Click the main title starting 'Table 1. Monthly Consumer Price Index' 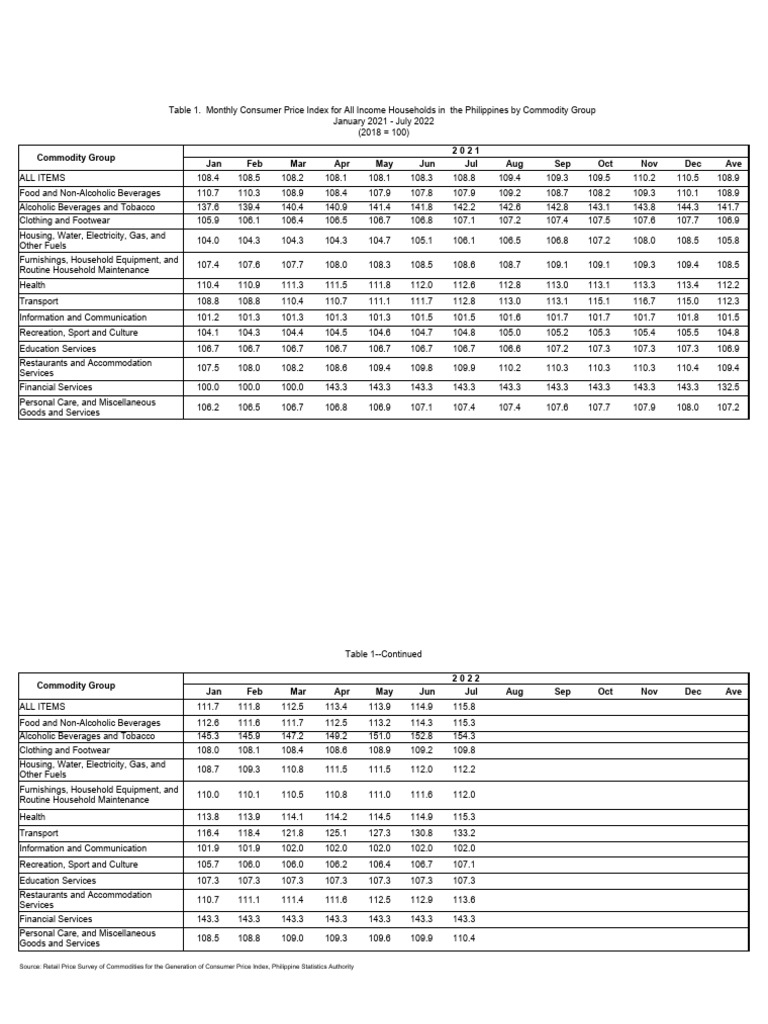(385, 110)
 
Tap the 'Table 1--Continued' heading (383, 654)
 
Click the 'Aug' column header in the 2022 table (515, 691)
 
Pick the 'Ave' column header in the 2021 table (733, 162)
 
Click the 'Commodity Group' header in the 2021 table (76, 158)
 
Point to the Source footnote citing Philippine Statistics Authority (186, 967)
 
